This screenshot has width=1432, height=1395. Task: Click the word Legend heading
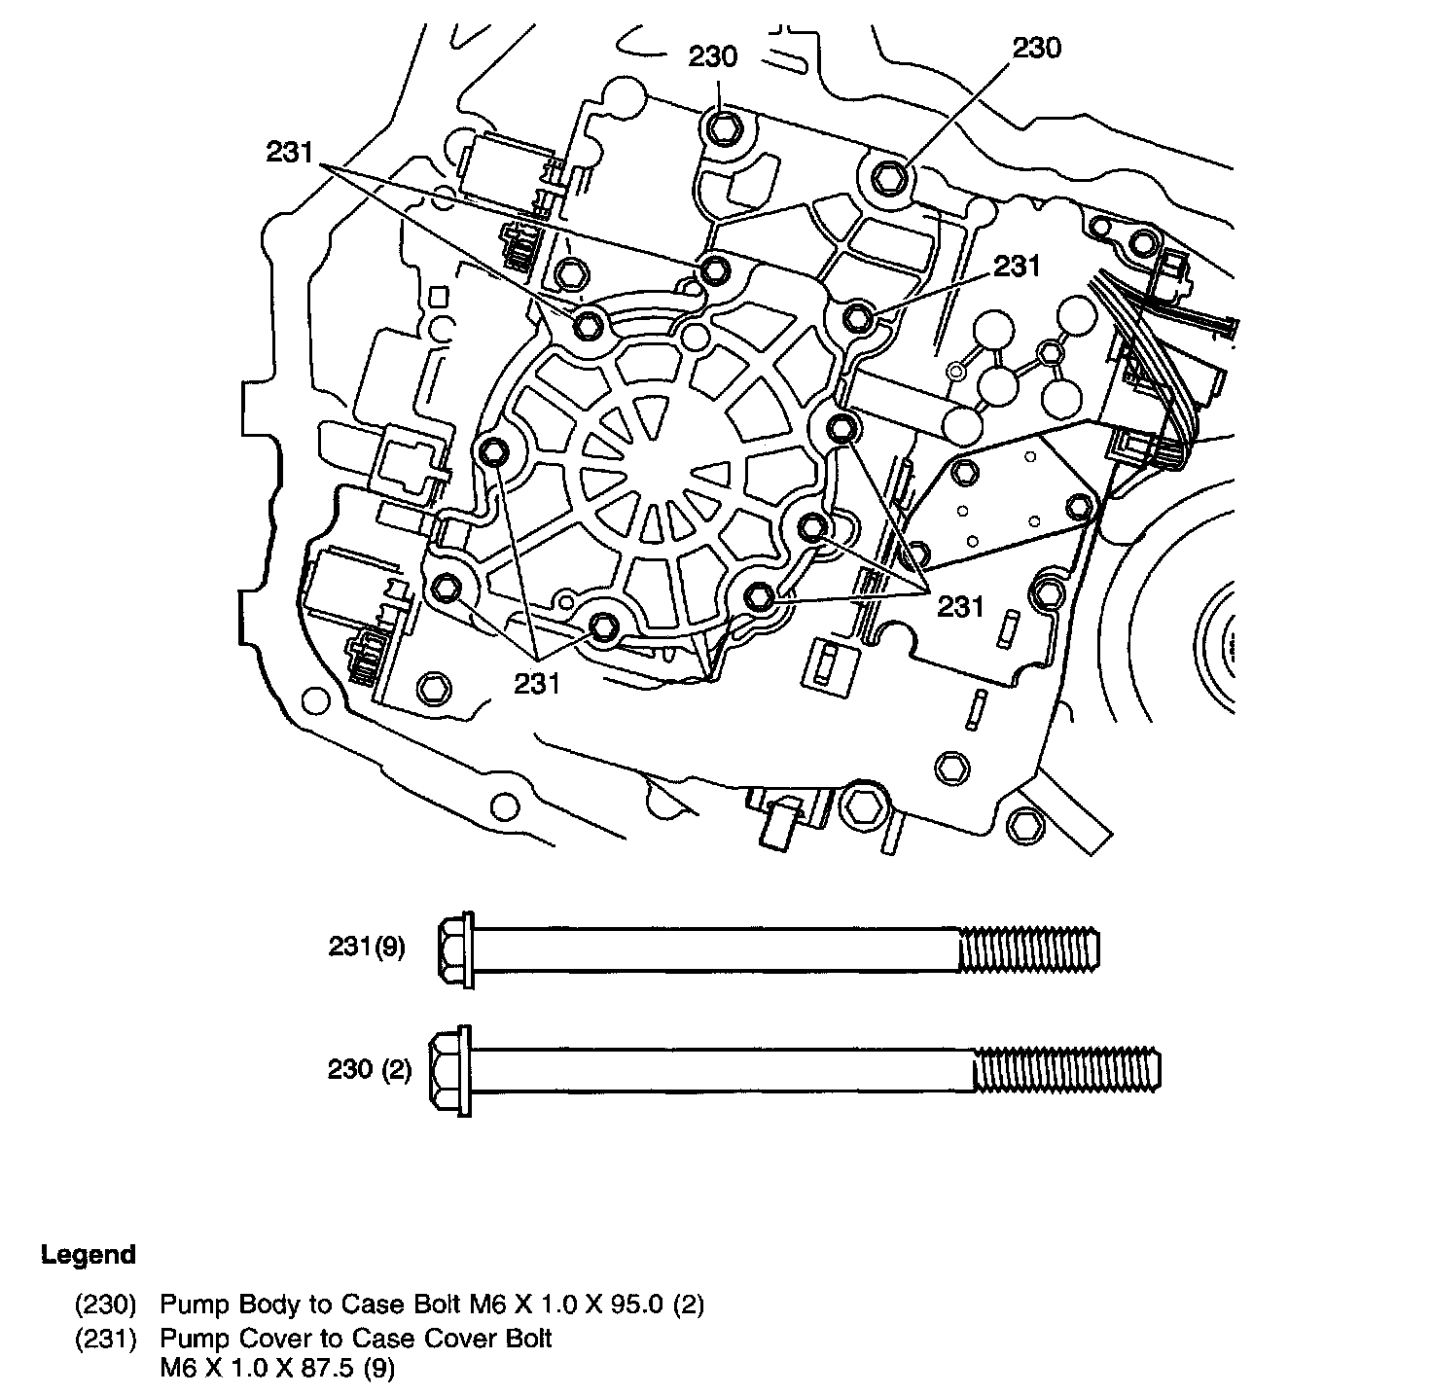pos(89,1255)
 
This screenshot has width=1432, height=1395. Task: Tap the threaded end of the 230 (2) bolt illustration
pos(1067,1070)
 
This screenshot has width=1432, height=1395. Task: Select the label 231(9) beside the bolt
pos(366,947)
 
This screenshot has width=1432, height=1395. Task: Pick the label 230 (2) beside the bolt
pos(369,1070)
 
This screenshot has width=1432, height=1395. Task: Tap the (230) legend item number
pos(105,1304)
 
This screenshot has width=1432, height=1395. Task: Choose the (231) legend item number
pos(105,1339)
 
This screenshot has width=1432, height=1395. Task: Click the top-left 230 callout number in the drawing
pos(714,56)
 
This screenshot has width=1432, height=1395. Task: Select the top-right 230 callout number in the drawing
pos(1037,49)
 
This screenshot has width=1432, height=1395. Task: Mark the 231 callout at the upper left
pos(289,152)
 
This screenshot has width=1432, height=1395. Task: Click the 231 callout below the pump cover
pos(538,684)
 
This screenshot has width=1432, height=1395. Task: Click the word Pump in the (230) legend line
pos(188,1304)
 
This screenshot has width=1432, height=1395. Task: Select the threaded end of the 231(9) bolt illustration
pos(1029,948)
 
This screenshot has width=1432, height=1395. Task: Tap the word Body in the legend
pos(253,1304)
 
